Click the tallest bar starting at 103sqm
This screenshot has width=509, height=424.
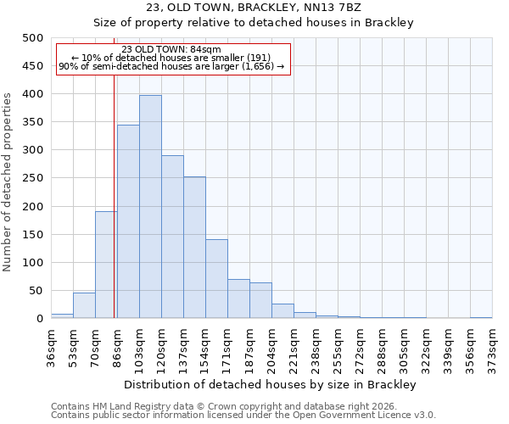pyautogui.click(x=150, y=207)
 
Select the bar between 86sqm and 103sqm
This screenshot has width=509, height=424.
pyautogui.click(x=128, y=221)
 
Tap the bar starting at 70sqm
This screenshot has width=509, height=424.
pyautogui.click(x=106, y=265)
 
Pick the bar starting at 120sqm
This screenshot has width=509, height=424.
pyautogui.click(x=172, y=237)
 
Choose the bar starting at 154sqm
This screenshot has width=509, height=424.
pyautogui.click(x=216, y=279)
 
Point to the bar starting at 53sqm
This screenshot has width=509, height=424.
pyautogui.click(x=84, y=305)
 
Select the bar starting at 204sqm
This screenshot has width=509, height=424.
pyautogui.click(x=282, y=311)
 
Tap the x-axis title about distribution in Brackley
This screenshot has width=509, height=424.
pyautogui.click(x=271, y=385)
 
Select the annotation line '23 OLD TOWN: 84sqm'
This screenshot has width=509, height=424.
pyautogui.click(x=172, y=49)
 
